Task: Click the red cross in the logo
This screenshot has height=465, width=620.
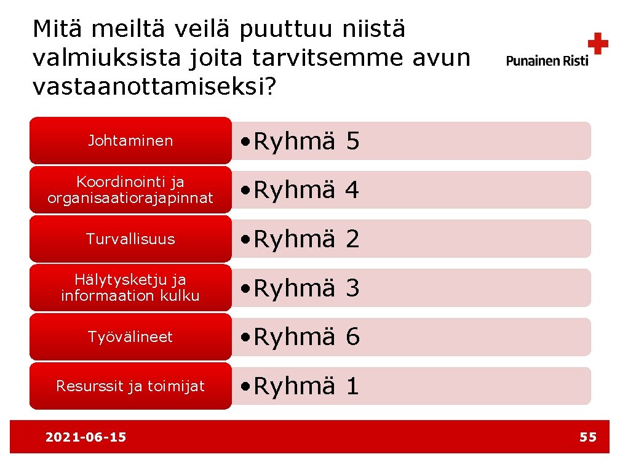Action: pyautogui.click(x=597, y=44)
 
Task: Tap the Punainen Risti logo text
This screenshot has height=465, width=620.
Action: pyautogui.click(x=547, y=60)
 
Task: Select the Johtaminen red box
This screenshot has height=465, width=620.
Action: pyautogui.click(x=130, y=141)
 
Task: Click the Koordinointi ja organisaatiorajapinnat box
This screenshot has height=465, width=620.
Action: pyautogui.click(x=130, y=190)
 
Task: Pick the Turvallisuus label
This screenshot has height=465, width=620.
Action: pyautogui.click(x=130, y=239)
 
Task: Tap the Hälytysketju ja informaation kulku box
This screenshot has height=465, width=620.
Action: pyautogui.click(x=130, y=288)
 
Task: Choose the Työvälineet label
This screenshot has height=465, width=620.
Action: pyautogui.click(x=130, y=337)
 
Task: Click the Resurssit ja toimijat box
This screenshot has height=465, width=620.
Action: pyautogui.click(x=130, y=386)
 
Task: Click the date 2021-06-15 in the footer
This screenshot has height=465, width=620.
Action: pyautogui.click(x=86, y=437)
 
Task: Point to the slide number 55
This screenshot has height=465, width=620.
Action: pyautogui.click(x=588, y=437)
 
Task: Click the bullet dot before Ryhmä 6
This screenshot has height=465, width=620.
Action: pyautogui.click(x=245, y=338)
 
